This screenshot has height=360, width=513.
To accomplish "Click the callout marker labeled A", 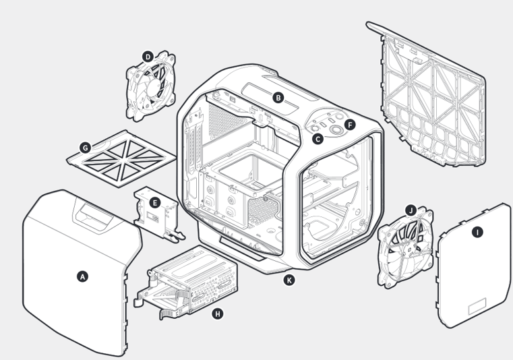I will coord(83,276).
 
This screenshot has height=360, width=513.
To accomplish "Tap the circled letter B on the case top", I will coord(277,97).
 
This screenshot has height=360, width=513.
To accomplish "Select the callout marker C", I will coord(317,139).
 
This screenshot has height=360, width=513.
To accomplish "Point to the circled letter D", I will coord(148,57).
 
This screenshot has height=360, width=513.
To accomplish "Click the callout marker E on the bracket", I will coord(154,202).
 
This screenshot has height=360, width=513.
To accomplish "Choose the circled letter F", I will coord(349,125).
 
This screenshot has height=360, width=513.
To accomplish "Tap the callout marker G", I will coord(85,148).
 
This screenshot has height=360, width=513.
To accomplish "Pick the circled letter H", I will coord(217,313).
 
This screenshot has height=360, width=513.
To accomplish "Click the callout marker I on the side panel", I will coord(477,233).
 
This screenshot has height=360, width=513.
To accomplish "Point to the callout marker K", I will coord(289,280).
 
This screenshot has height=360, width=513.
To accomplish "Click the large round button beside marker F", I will coord(335,128).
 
